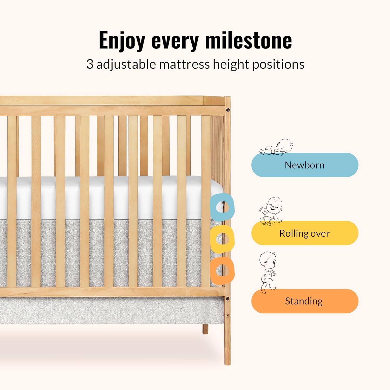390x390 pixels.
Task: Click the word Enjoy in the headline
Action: coord(122,41)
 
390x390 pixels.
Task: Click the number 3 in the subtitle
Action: coord(90,64)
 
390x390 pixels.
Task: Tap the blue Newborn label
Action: coord(305,165)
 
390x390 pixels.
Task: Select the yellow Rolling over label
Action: coord(305,233)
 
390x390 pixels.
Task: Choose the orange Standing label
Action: coord(305,301)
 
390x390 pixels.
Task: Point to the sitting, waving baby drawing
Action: coord(271,211)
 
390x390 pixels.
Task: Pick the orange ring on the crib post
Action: coord(216,270)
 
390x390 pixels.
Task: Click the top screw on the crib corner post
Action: coord(228,110)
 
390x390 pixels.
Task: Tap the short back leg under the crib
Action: coord(205,329)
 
